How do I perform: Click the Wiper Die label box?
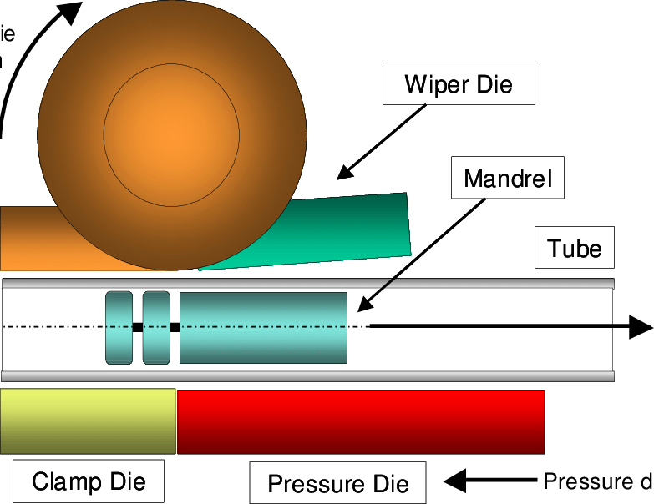click(458, 84)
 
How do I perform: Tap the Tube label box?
click(575, 248)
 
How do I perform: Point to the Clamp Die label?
click(89, 481)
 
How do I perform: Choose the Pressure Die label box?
click(338, 484)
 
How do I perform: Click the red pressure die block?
click(361, 421)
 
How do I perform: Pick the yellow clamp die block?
click(88, 421)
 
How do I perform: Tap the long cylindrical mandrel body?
click(263, 328)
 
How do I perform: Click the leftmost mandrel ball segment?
click(119, 328)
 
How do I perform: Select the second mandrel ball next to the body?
click(156, 328)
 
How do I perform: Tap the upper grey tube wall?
click(309, 284)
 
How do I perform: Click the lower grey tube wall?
click(309, 376)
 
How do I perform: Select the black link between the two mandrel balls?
click(138, 327)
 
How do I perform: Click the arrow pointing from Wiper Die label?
click(376, 146)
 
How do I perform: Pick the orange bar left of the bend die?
click(25, 238)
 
